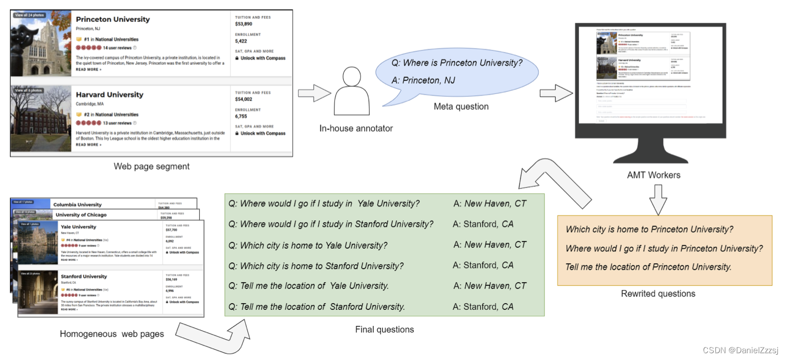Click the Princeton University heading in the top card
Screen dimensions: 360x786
[113, 19]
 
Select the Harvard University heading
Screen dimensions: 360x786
[109, 95]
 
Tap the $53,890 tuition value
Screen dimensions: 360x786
[244, 24]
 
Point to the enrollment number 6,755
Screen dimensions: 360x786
[241, 117]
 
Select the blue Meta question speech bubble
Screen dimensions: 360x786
[457, 71]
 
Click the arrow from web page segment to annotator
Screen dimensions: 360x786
[314, 94]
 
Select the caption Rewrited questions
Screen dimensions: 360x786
[657, 294]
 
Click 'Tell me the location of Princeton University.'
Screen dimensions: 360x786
[648, 267]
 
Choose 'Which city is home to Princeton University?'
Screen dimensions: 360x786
[650, 229]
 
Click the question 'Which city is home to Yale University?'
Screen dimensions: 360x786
[314, 245]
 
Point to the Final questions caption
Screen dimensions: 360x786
[384, 329]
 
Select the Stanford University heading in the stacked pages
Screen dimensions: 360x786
[84, 276]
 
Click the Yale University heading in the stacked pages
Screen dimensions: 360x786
[78, 227]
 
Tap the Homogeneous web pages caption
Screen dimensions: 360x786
[111, 334]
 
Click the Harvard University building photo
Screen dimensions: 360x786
[41, 119]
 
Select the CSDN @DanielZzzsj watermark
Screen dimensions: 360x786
[741, 350]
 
